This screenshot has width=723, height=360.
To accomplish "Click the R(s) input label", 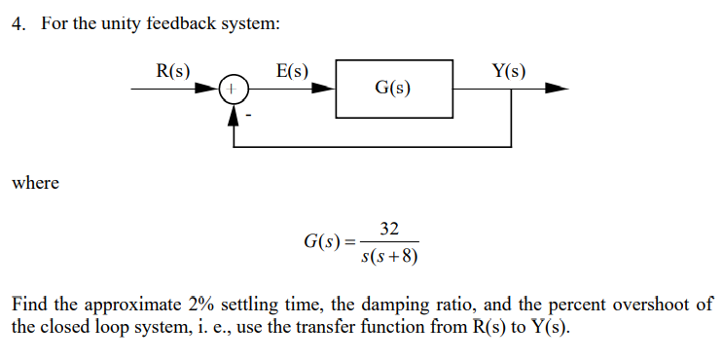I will tap(173, 71).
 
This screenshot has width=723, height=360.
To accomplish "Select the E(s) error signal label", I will tap(292, 71).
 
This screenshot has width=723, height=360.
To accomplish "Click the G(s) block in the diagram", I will tap(393, 89).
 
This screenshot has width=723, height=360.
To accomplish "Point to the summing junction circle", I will tap(233, 89).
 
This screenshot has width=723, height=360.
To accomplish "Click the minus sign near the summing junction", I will tap(248, 116).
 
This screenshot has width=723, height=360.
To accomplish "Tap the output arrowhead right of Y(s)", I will tap(556, 89).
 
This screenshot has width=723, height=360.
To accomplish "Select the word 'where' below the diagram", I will tap(35, 183).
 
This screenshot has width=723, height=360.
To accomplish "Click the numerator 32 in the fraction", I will tap(389, 229).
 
